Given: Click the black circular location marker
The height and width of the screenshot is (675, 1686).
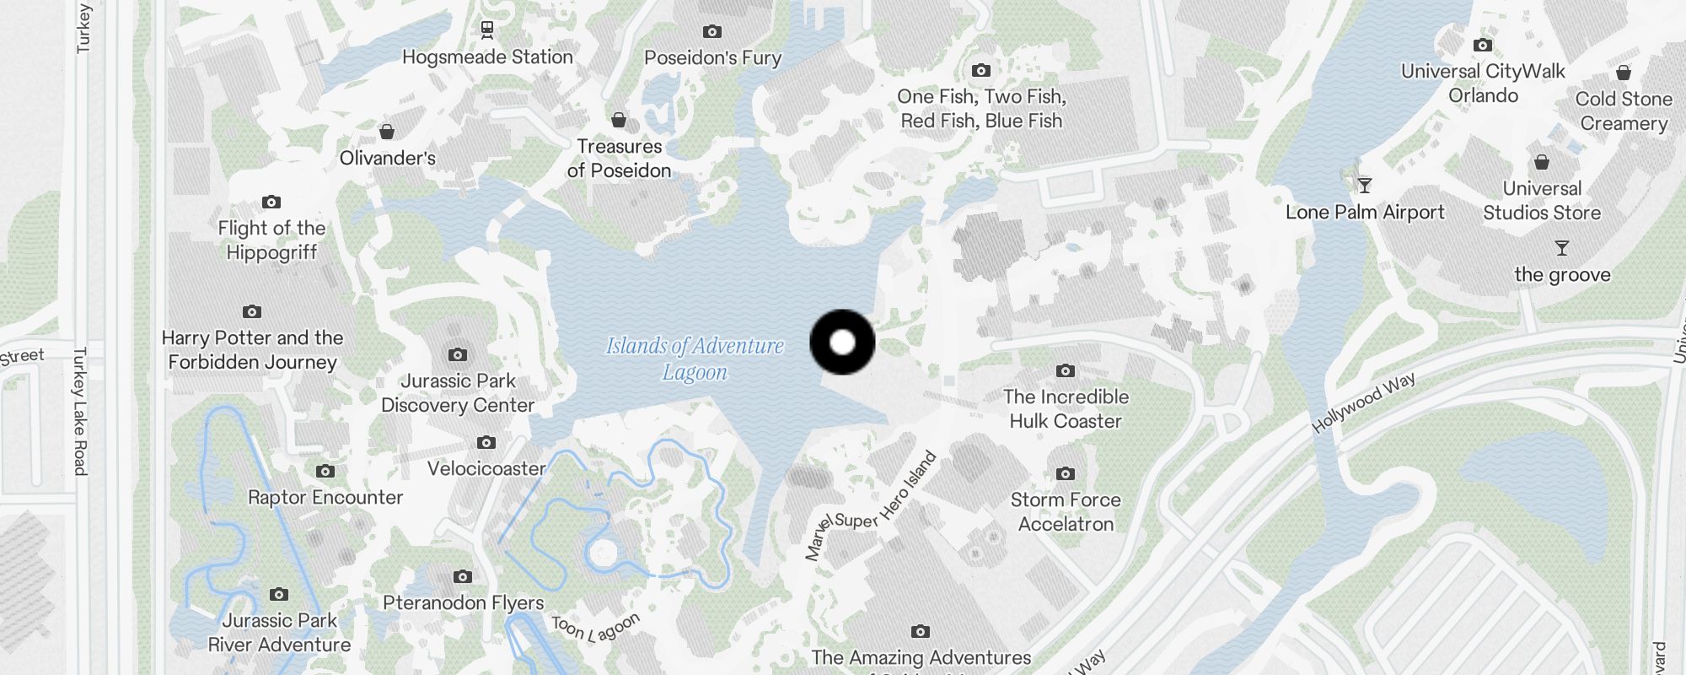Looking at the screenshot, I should click(x=842, y=343).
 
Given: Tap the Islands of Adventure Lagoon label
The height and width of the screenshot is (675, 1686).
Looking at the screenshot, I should click(x=695, y=359).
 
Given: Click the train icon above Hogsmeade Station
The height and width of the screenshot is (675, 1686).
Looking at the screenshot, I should click(x=487, y=30).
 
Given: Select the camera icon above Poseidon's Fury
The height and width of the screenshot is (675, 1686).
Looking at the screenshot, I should click(x=712, y=32).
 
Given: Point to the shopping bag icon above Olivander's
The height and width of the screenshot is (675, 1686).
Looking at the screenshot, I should click(x=387, y=132).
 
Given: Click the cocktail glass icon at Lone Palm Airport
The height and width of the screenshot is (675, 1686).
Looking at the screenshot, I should click(x=1364, y=186).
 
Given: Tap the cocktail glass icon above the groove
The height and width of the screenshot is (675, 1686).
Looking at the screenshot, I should click(x=1562, y=248).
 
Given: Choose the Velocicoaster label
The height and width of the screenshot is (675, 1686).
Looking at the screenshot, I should click(x=486, y=468).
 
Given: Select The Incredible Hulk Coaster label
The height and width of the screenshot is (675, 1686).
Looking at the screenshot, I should click(x=1066, y=408).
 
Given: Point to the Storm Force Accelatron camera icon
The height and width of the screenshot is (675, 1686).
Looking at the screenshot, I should click(x=1066, y=474).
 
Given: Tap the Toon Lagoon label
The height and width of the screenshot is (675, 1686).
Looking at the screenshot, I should click(x=596, y=627).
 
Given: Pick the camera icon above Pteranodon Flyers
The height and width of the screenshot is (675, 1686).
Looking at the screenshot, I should click(x=463, y=577).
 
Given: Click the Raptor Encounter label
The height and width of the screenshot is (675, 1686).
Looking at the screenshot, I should click(x=325, y=497).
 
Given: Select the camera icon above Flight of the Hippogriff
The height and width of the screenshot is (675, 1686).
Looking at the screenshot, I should click(x=271, y=202).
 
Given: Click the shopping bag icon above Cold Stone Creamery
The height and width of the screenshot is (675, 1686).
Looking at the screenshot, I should click(x=1624, y=73).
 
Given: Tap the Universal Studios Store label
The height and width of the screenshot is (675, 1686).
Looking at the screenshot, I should click(x=1542, y=201).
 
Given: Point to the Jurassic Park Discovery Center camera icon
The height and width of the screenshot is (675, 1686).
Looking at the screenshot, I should click(x=458, y=355).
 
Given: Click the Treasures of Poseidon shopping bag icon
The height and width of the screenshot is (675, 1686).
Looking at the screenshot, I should click(x=619, y=121).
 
